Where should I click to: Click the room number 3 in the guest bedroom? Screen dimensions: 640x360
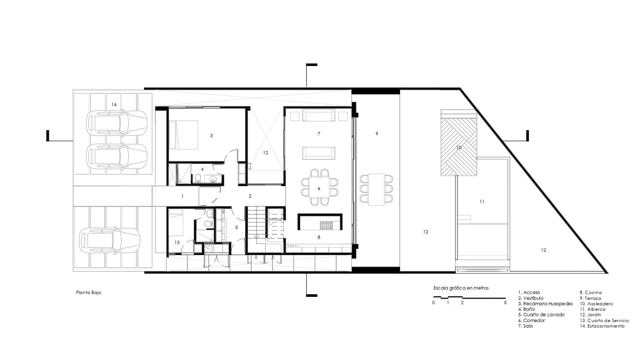tap(211, 136)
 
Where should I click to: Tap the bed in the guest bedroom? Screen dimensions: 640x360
tap(183, 135)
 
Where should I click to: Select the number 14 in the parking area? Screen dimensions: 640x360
tap(114, 105)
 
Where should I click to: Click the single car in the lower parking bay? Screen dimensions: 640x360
tap(109, 241)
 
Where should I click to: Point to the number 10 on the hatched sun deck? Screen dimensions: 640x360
tap(459, 148)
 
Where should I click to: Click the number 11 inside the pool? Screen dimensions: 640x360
tap(482, 201)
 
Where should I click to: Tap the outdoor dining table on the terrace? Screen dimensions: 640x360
tap(376, 189)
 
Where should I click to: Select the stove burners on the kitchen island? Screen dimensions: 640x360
tap(326, 225)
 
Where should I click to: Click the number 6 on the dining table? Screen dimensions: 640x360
tap(319, 188)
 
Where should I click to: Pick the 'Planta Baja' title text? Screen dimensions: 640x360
tap(89, 292)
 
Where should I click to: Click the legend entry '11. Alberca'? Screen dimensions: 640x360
tap(593, 309)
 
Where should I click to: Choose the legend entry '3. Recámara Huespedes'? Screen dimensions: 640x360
tap(546, 304)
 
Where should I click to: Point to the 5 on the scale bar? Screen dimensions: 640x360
tap(505, 303)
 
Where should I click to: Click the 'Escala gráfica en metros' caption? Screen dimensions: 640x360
tap(461, 288)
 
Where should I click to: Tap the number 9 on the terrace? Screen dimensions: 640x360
tap(377, 133)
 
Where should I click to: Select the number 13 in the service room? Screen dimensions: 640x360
tap(177, 242)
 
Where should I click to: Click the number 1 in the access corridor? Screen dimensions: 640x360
tap(182, 196)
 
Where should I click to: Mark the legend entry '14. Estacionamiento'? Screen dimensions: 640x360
tap(602, 326)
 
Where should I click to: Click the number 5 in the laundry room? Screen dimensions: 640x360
tap(236, 227)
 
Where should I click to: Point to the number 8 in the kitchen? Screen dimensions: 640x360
tap(319, 237)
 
